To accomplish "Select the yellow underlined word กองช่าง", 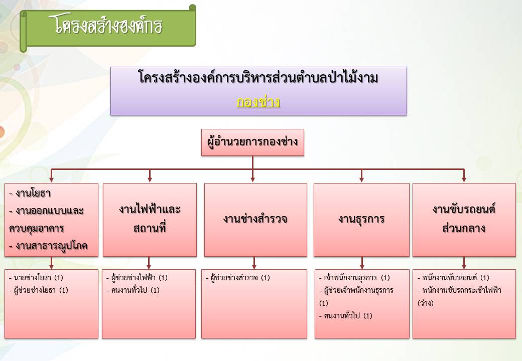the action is click(258, 102).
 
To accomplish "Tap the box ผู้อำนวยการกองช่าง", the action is click(252, 142).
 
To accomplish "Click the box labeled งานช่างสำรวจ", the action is click(255, 220).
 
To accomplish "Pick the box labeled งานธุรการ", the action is click(361, 220).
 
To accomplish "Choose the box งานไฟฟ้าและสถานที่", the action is click(150, 220).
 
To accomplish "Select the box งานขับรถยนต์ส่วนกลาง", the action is click(464, 220).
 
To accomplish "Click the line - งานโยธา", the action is click(30, 193).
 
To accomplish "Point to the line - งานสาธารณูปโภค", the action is click(48, 246).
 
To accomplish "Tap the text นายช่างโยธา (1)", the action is click(36, 278).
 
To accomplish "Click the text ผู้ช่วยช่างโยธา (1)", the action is click(39, 290).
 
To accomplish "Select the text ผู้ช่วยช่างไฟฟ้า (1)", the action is click(137, 278).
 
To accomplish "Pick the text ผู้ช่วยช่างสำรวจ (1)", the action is click(238, 278).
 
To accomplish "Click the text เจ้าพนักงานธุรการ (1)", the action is click(354, 278).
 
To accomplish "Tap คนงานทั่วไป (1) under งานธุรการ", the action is click(345, 316).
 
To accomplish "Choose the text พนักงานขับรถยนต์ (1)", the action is click(453, 278).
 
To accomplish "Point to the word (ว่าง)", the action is click(426, 303).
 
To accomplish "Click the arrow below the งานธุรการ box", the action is click(362, 263).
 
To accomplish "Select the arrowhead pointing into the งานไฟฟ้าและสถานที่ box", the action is click(150, 179).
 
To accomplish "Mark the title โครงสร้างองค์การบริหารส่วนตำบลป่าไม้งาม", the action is click(258, 78).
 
